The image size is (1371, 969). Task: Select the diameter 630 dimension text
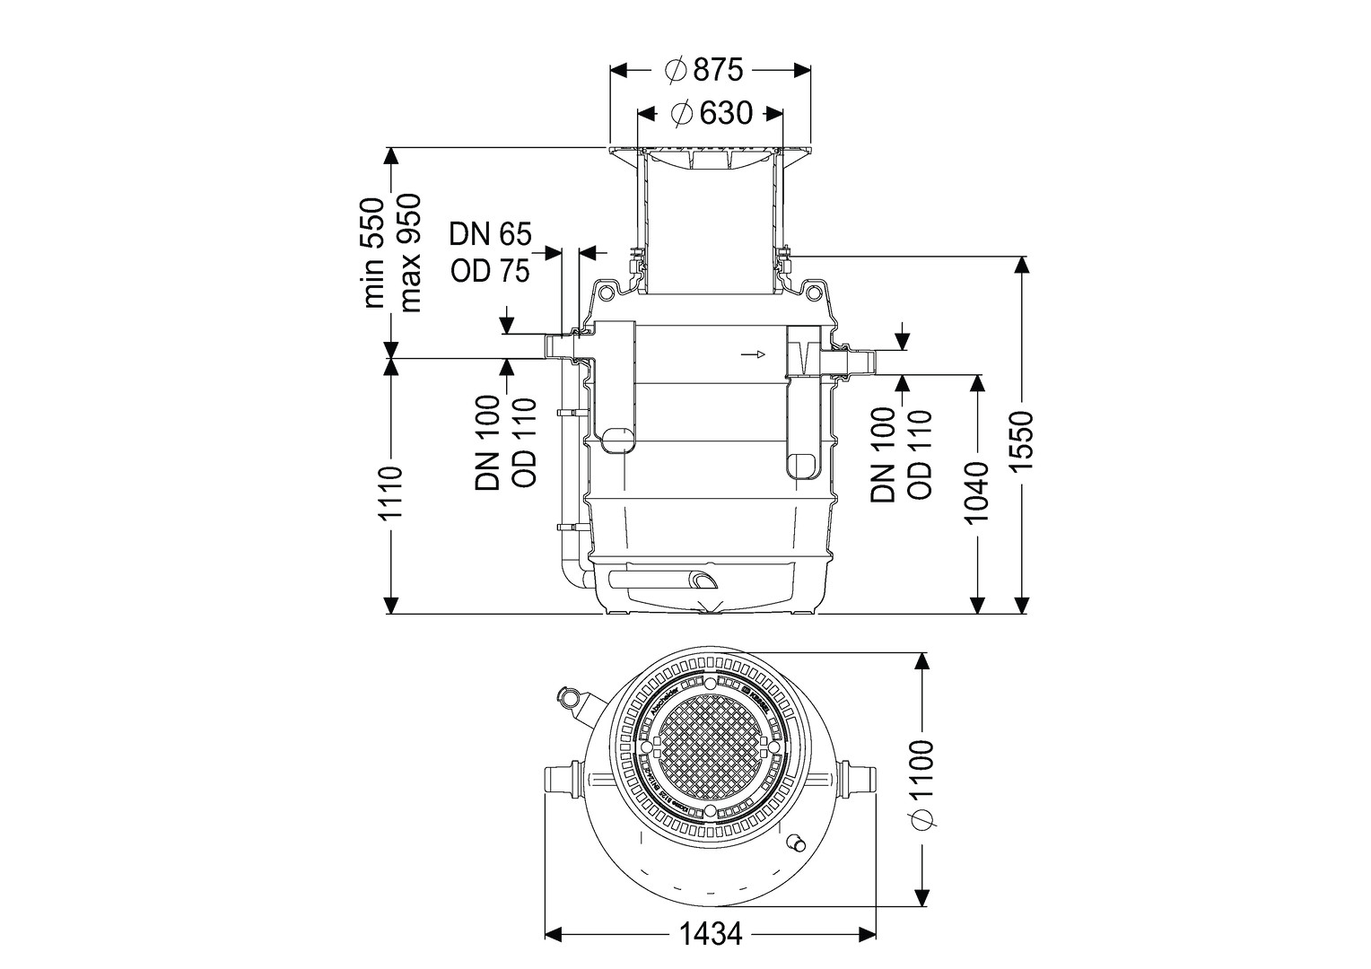click(x=711, y=114)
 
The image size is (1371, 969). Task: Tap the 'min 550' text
click(x=375, y=253)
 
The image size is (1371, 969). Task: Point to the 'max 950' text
click(x=409, y=253)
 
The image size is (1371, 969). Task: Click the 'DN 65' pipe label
click(x=490, y=235)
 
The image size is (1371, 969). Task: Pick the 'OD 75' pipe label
click(x=490, y=270)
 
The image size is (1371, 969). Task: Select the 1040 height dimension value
click(x=976, y=493)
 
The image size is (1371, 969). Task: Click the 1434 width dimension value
click(x=710, y=935)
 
